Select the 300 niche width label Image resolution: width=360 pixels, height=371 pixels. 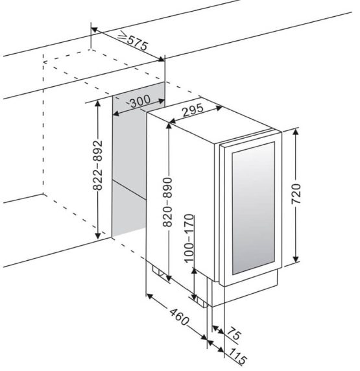point(140,101)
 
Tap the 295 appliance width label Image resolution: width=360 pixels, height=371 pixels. point(193,110)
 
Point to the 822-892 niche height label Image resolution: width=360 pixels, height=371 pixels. point(97,165)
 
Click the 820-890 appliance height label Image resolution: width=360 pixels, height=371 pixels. point(167,202)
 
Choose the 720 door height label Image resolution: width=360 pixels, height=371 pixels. point(296,193)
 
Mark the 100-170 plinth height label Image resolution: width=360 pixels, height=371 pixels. point(189,238)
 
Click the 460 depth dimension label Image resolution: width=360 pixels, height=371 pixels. point(179,317)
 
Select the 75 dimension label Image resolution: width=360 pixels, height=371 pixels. point(234,334)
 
